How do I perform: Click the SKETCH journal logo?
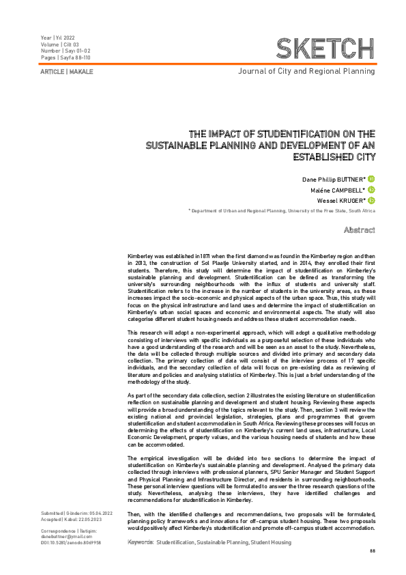[x=325, y=48]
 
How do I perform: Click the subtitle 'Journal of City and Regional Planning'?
[x=306, y=71]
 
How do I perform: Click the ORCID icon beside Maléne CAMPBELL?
[x=372, y=190]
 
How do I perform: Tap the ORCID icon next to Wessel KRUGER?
[x=372, y=201]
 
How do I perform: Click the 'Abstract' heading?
[x=360, y=230]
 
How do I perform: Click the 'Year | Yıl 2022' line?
[x=59, y=38]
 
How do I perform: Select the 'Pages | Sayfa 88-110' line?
[x=66, y=58]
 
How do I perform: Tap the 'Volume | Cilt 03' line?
[x=60, y=44]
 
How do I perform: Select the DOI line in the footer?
[x=71, y=542]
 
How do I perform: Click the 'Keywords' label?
[x=140, y=542]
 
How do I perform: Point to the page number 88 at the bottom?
[x=372, y=550]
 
